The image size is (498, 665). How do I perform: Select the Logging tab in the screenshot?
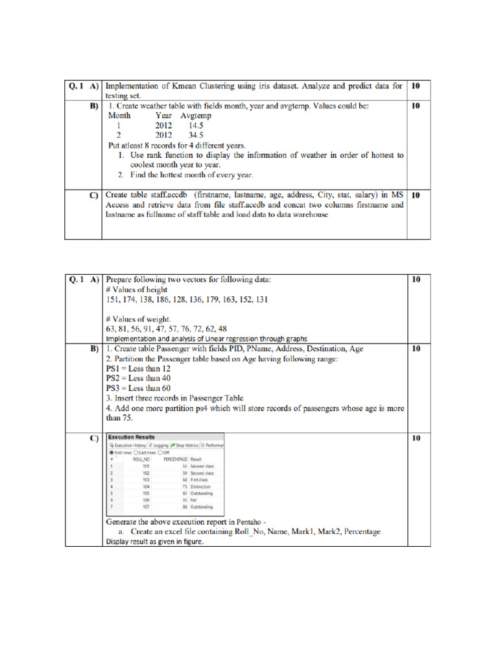(158, 445)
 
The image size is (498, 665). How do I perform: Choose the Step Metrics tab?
(185, 445)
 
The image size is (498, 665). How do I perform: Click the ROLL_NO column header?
(141, 459)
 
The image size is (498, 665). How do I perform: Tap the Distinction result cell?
(200, 486)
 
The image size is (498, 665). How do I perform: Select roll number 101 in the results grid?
(146, 466)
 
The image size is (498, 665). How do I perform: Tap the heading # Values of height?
(137, 290)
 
